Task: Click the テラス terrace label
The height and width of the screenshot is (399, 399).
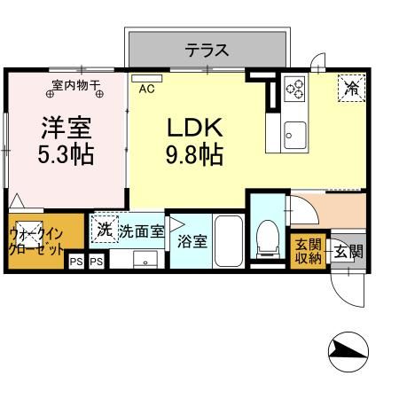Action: (207, 50)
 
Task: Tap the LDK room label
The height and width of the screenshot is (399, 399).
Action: (192, 127)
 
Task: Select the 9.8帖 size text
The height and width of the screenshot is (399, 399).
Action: (192, 155)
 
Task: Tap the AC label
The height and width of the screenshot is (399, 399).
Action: (147, 89)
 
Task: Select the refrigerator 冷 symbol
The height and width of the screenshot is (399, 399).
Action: (351, 87)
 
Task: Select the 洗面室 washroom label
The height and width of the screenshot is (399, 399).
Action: (142, 231)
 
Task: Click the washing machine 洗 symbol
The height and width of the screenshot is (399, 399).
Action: (105, 230)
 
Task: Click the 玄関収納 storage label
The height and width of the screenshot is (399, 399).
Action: (309, 251)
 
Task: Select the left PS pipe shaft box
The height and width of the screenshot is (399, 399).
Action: (76, 262)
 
